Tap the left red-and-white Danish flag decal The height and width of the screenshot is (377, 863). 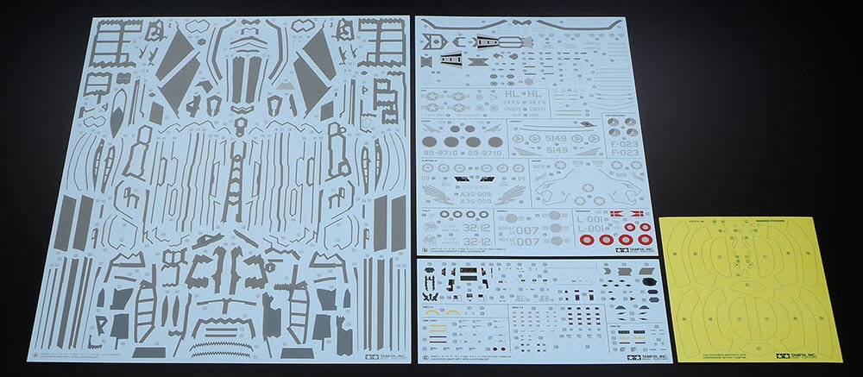[614, 211]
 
